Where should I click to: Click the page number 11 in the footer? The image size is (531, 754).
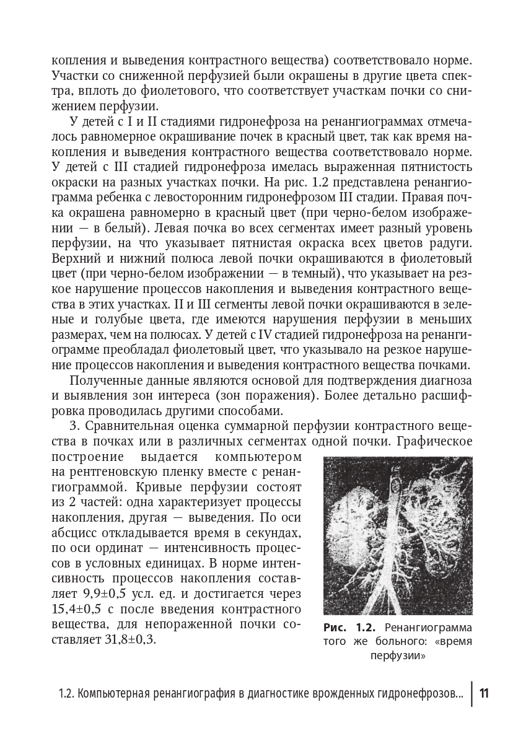pyautogui.click(x=484, y=693)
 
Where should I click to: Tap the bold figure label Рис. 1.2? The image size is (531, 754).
pyautogui.click(x=351, y=626)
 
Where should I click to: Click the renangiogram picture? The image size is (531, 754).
pyautogui.click(x=398, y=535)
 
